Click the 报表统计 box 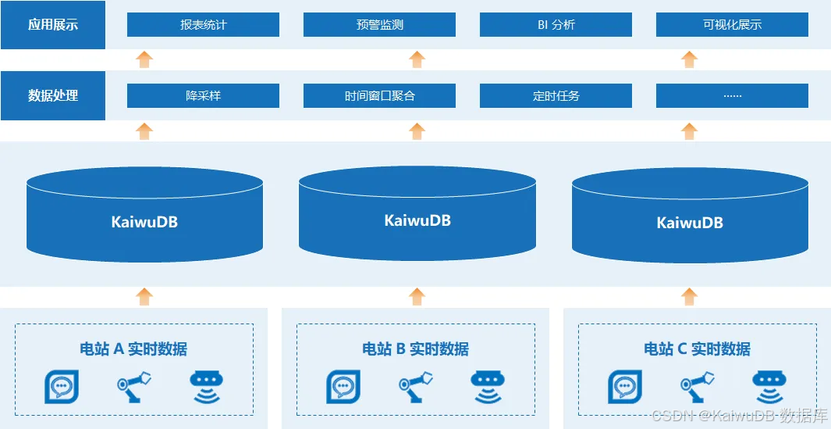(203, 25)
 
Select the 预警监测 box (379, 25)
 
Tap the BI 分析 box (556, 25)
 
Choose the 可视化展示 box (732, 25)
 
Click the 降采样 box (203, 96)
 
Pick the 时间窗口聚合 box (379, 96)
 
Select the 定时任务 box (556, 96)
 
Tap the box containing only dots (732, 96)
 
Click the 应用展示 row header (53, 25)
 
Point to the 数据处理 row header (53, 96)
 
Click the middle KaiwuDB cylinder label (417, 220)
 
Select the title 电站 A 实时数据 (133, 349)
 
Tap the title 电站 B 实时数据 (415, 349)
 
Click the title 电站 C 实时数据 (697, 349)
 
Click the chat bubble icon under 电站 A (61, 385)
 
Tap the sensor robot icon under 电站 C (768, 385)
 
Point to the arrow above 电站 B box (417, 296)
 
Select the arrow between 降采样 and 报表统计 (144, 59)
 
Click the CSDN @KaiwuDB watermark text (739, 416)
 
